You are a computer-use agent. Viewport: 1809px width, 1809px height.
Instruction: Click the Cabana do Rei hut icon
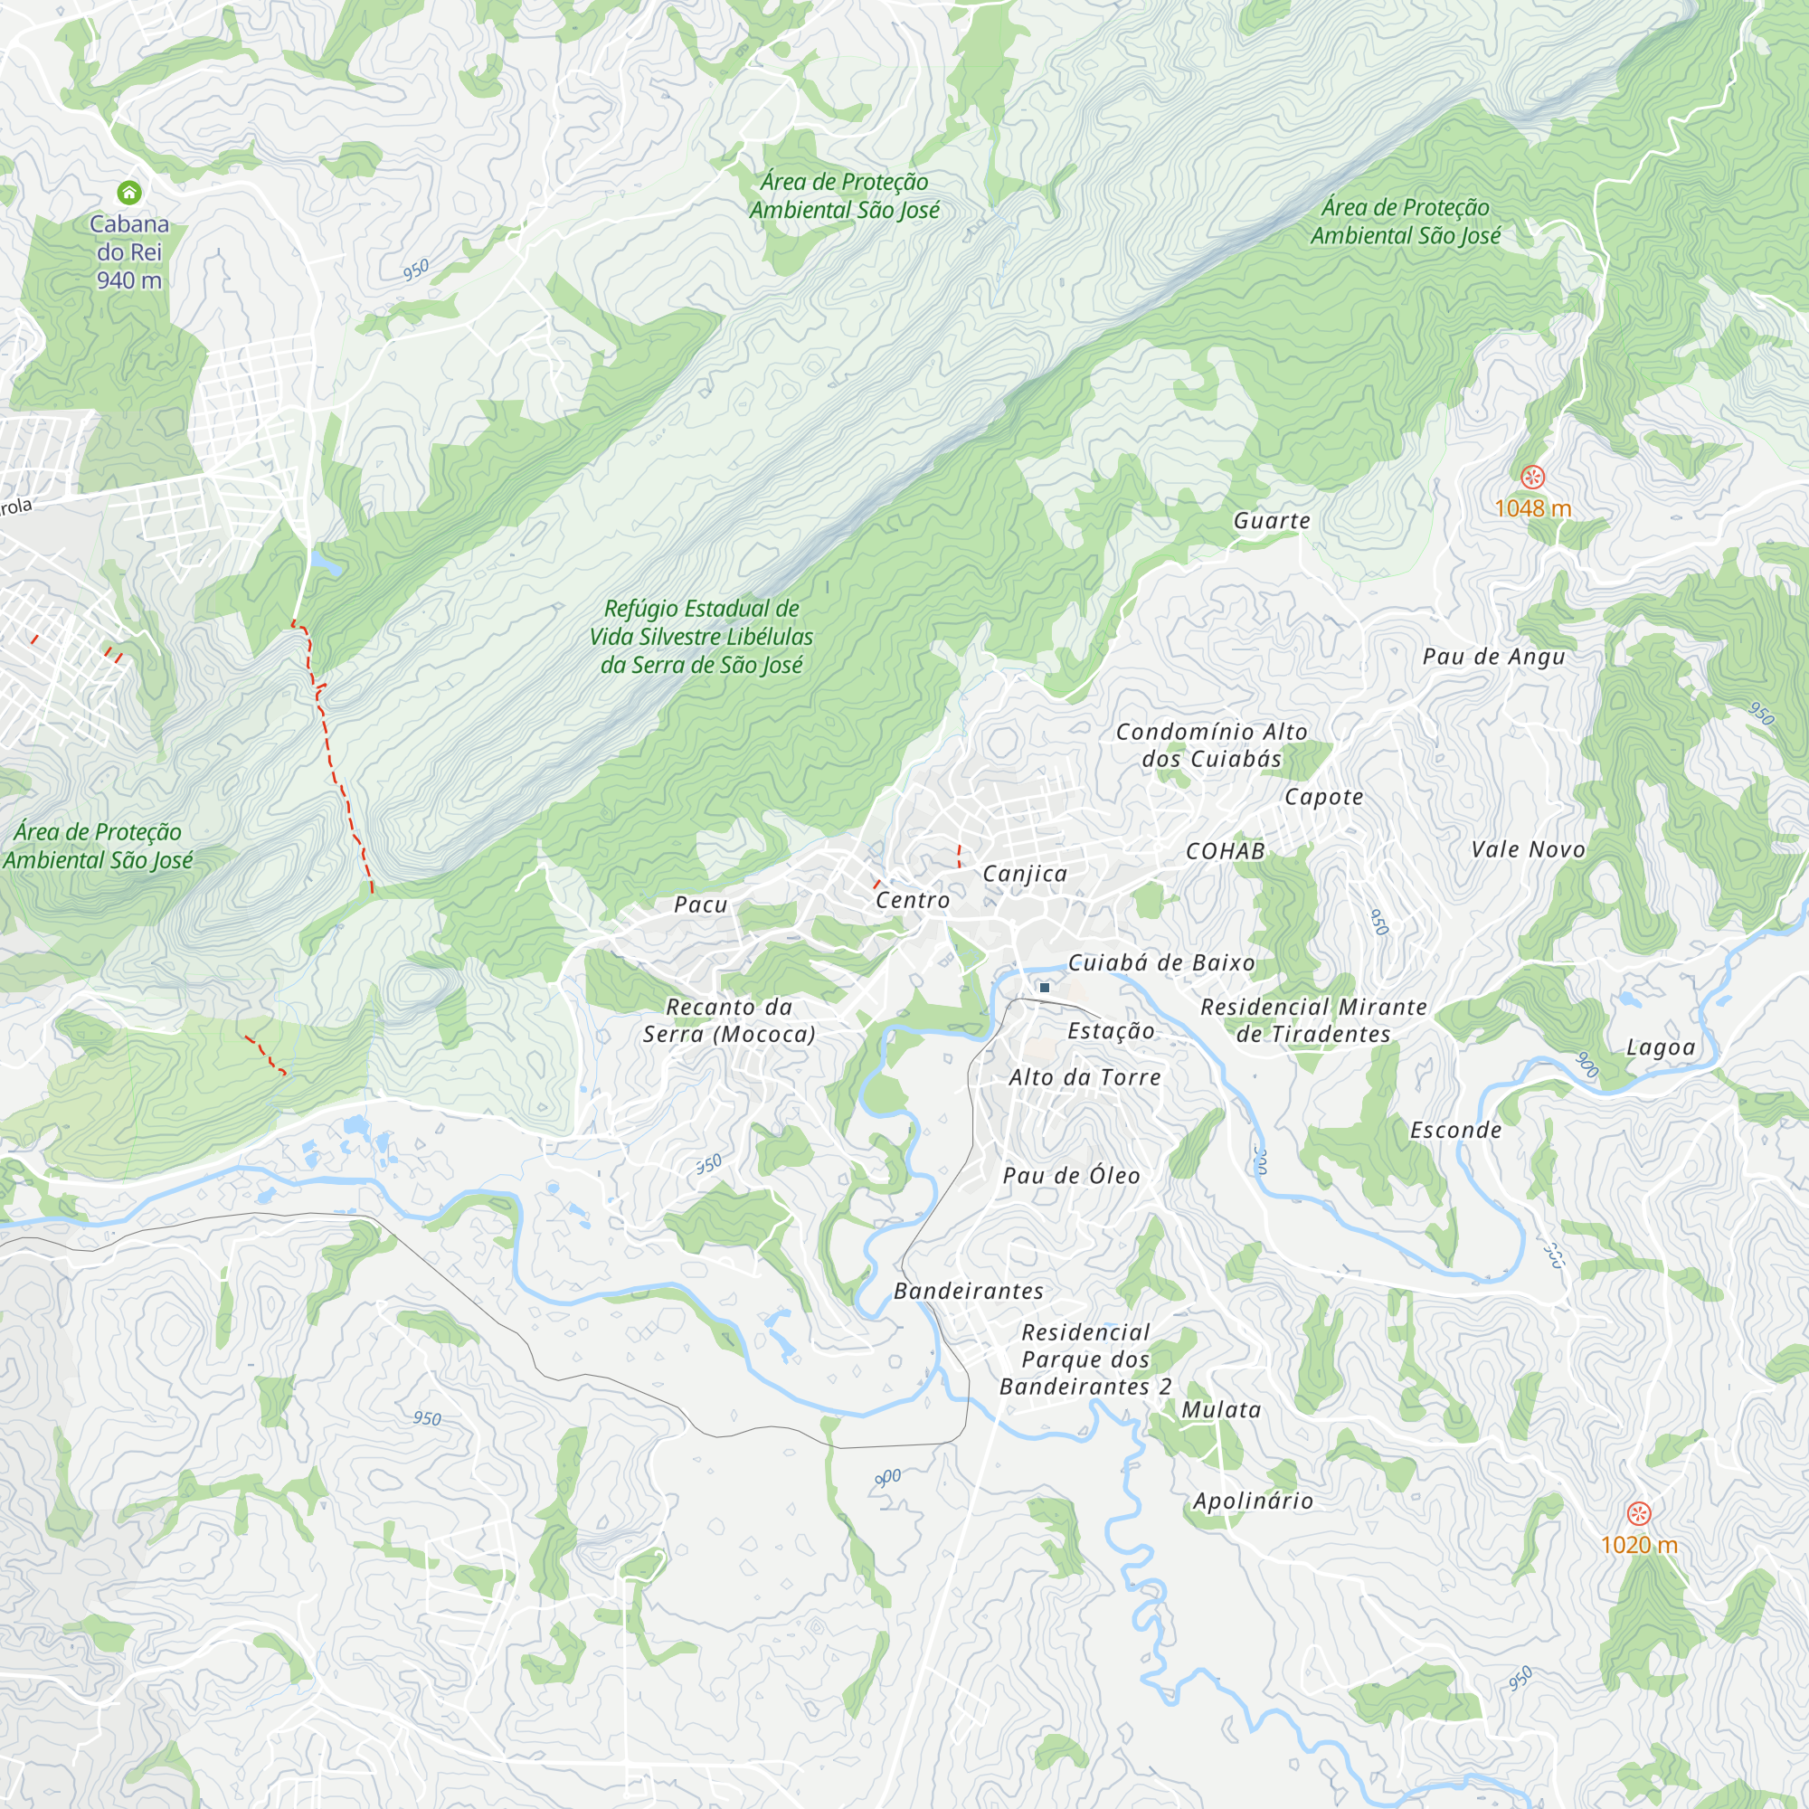129,193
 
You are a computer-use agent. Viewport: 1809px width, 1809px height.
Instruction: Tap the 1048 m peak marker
1532,478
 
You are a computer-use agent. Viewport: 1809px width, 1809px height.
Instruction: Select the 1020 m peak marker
1638,1513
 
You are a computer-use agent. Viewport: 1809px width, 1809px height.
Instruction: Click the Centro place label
913,900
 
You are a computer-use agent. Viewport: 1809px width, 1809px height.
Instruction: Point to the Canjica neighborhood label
1025,874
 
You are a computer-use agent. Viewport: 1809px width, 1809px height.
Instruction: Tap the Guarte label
1272,521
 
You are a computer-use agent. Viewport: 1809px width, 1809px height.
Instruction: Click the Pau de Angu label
1493,657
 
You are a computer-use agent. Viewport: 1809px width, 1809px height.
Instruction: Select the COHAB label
1225,851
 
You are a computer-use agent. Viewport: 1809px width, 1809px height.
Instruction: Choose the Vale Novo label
1528,849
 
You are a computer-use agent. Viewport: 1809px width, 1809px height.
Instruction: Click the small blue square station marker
1045,988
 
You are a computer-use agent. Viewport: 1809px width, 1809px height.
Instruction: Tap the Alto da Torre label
1084,1078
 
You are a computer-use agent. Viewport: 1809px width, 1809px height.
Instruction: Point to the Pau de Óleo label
1071,1176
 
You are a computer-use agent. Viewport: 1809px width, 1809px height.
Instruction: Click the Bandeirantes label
968,1292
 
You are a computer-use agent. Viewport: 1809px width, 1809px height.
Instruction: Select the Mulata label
1221,1410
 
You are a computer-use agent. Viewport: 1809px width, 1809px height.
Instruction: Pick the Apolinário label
1253,1501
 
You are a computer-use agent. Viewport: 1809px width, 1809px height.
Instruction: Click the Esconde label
1456,1130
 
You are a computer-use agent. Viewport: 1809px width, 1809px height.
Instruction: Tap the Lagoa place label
1660,1047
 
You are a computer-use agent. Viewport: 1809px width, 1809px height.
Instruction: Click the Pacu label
700,904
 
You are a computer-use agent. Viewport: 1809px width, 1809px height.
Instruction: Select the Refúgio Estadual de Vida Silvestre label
701,637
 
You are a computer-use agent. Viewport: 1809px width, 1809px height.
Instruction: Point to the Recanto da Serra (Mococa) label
728,1020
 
